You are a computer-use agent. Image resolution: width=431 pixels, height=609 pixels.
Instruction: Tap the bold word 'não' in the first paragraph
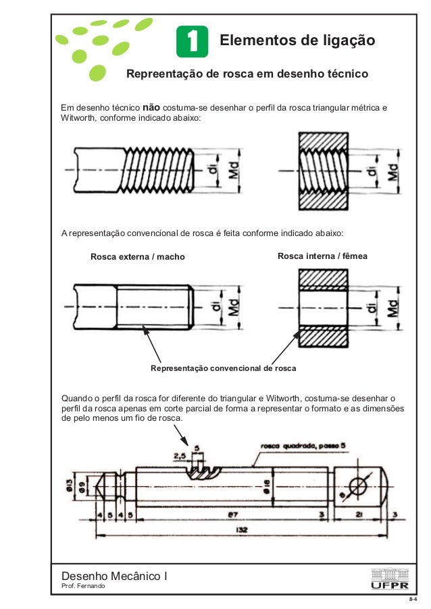coord(151,107)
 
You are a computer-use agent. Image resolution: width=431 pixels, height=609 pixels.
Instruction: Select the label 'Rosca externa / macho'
coord(137,257)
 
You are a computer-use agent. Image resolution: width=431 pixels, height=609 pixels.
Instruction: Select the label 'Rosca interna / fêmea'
coord(322,256)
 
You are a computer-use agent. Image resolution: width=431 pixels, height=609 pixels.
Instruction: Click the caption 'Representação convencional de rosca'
coord(223,369)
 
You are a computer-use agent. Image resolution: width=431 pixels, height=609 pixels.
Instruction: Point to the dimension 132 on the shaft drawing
coord(241,530)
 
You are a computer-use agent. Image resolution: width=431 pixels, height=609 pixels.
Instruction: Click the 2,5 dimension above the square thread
coord(180,457)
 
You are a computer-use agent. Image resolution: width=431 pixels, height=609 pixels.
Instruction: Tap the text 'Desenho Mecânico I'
coord(114,575)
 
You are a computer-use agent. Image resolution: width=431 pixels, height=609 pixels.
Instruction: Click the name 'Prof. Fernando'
coord(83,587)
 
